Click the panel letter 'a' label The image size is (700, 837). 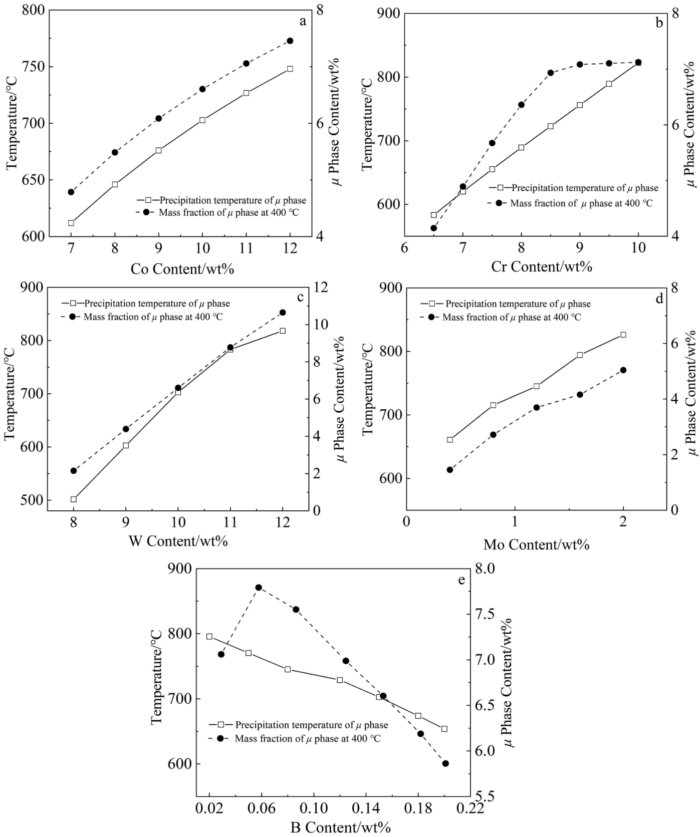pyautogui.click(x=302, y=21)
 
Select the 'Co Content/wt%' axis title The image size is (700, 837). pyautogui.click(x=182, y=269)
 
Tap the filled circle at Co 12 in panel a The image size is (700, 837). pyautogui.click(x=290, y=41)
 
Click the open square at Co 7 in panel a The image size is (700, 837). pyautogui.click(x=71, y=223)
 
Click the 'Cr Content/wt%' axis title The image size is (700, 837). pyautogui.click(x=542, y=266)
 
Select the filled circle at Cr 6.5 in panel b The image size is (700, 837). pyautogui.click(x=434, y=228)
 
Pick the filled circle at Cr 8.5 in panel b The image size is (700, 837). pyautogui.click(x=550, y=73)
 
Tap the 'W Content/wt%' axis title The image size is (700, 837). pyautogui.click(x=178, y=541)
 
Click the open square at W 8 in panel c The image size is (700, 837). pyautogui.click(x=74, y=499)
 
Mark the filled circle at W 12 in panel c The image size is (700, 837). pyautogui.click(x=283, y=313)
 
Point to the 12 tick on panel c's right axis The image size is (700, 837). pyautogui.click(x=321, y=288)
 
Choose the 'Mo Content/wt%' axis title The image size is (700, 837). pyautogui.click(x=536, y=544)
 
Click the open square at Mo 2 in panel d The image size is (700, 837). pyautogui.click(x=623, y=335)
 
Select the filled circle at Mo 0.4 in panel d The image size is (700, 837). pyautogui.click(x=449, y=470)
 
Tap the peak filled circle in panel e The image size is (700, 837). pyautogui.click(x=259, y=588)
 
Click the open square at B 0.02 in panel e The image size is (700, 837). pyautogui.click(x=209, y=636)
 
